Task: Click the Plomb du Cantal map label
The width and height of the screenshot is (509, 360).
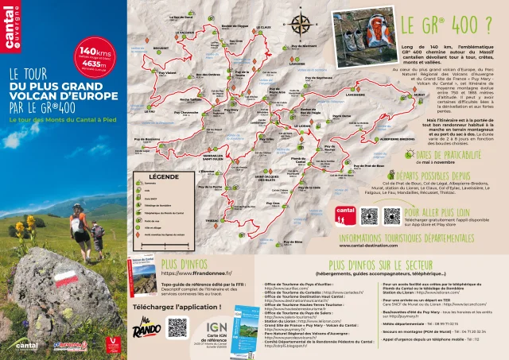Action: [298, 161]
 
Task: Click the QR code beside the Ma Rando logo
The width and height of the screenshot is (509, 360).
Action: [177, 327]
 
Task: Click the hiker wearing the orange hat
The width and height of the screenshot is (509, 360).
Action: [78, 223]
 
